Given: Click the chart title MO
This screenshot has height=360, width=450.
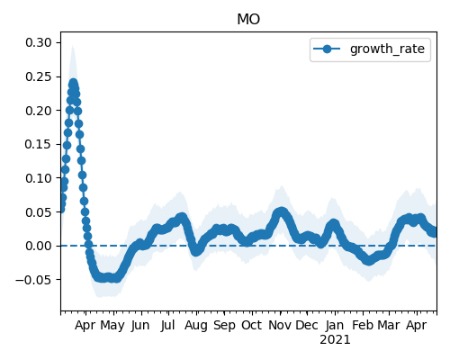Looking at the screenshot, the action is click(248, 20).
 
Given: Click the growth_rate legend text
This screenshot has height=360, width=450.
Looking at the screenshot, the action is click(387, 49).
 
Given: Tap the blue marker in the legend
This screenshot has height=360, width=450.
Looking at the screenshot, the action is click(327, 49).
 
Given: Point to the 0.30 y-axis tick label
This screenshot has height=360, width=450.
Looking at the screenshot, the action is click(39, 42).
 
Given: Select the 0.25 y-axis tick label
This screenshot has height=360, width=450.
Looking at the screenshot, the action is click(39, 76).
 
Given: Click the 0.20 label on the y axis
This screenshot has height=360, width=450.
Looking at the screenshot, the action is click(39, 111).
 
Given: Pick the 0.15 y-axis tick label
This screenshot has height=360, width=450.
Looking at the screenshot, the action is click(39, 144).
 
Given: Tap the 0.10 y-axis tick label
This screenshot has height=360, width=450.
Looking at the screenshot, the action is click(39, 178).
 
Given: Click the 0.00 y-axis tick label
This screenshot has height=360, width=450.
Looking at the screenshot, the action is click(39, 246).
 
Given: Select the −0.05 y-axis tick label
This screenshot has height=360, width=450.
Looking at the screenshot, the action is click(33, 280).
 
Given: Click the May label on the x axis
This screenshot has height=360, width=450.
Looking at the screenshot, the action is click(112, 326).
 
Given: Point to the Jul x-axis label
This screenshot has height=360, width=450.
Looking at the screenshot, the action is click(167, 325).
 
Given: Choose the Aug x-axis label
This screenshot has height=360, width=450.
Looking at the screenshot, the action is click(196, 326).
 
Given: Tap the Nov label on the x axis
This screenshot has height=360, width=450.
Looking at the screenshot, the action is click(280, 325).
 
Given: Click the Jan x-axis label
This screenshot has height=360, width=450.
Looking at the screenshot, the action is click(335, 325).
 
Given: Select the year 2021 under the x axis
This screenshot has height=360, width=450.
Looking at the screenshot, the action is click(335, 340).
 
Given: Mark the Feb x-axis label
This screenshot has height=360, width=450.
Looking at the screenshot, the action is click(363, 325).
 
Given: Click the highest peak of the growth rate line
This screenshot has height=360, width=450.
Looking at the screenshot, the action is click(73, 84).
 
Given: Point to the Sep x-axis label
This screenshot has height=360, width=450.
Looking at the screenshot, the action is click(224, 326).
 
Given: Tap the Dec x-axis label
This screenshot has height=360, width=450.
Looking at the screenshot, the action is click(307, 325).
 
